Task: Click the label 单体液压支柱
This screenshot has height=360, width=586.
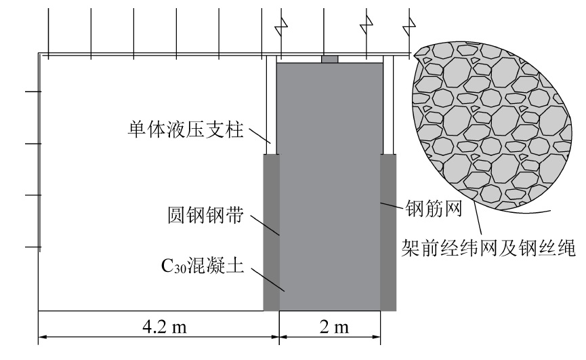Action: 186,129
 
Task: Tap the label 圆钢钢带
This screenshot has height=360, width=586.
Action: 205,216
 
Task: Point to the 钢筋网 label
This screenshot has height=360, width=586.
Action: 434,209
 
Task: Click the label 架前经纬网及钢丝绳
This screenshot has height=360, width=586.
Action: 488,248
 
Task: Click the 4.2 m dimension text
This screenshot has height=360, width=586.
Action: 165,327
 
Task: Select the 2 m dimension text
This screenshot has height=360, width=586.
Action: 334,327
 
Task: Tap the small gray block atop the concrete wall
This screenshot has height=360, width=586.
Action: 330,59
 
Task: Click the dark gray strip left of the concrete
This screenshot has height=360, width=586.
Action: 272,233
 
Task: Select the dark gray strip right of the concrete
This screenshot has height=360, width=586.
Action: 388,233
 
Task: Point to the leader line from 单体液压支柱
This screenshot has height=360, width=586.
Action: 259,136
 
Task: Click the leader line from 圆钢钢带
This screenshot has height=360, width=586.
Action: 265,225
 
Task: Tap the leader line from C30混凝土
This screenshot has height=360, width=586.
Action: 268,279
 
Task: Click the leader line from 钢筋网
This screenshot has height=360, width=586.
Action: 392,206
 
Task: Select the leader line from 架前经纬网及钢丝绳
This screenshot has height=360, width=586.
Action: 477,219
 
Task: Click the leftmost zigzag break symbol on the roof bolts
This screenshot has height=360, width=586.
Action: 281,27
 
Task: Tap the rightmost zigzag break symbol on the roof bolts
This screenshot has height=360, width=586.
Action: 409,27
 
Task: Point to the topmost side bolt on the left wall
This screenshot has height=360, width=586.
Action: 33,92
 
